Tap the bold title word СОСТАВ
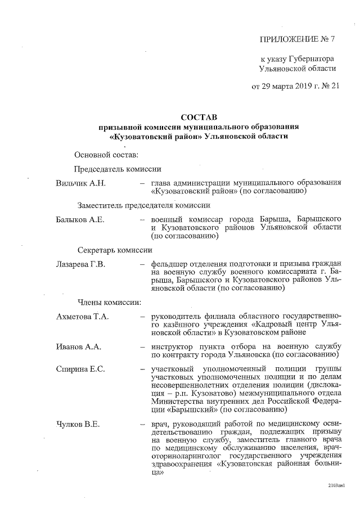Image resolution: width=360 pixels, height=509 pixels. click(x=198, y=118)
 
